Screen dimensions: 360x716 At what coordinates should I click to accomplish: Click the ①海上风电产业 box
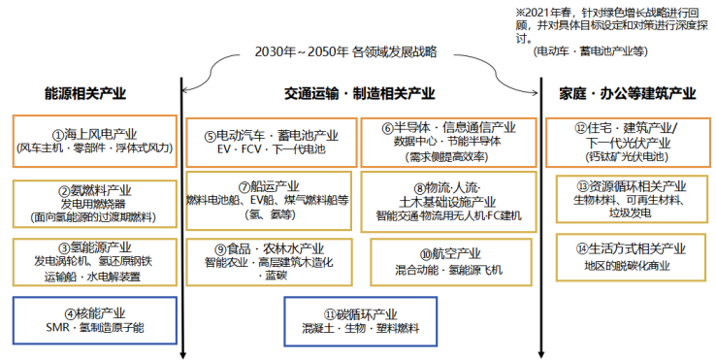coord(93,140)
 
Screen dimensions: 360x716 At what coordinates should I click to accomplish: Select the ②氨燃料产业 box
coord(93,203)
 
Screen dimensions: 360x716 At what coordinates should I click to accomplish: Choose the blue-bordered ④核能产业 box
coord(93,321)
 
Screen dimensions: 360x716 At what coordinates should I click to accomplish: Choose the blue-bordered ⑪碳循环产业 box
coord(359,321)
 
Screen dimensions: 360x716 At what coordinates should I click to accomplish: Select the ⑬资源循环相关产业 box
coord(629,200)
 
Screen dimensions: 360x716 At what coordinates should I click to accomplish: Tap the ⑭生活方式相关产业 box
coord(629,256)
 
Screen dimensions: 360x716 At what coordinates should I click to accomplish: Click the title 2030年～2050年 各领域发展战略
coord(359,50)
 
